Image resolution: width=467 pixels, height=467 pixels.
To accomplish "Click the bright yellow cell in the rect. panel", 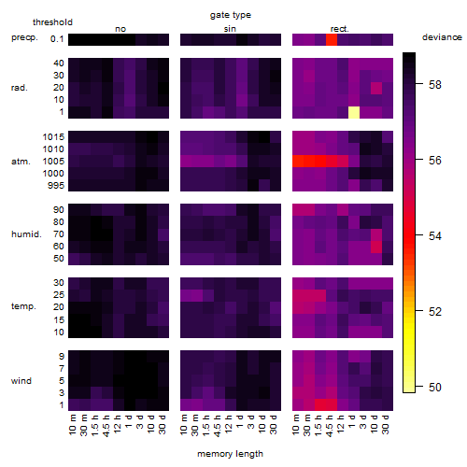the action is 354,112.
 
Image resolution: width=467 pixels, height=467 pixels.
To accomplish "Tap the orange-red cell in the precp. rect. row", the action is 332,39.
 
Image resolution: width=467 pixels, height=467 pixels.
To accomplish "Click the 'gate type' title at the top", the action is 231,15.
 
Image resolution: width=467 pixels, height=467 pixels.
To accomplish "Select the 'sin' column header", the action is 230,29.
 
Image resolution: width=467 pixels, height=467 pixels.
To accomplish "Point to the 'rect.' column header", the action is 340,29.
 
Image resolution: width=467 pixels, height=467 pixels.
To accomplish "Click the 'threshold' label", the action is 52,22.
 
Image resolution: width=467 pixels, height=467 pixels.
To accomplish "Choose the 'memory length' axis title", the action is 230,454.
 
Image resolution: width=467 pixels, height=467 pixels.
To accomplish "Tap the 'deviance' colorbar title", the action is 442,37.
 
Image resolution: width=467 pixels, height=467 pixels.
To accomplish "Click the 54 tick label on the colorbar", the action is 435,236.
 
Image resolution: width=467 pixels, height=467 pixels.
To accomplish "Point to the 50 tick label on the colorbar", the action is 435,388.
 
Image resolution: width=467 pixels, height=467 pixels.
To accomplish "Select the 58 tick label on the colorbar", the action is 435,85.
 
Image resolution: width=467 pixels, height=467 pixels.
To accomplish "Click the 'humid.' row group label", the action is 26,234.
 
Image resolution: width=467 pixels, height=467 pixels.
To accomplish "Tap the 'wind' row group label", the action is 21,381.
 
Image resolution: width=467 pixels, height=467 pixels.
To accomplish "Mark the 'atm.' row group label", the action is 21,162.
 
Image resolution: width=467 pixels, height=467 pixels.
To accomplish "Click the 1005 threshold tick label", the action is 53,162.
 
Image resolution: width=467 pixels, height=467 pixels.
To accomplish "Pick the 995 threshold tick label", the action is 56,186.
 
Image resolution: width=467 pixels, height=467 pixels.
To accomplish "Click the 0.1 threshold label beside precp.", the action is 57,39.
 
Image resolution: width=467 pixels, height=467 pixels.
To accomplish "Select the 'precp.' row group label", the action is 24,37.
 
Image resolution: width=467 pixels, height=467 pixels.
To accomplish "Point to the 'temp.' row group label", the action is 23,306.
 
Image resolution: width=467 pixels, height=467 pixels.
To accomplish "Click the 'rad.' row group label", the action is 20,88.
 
